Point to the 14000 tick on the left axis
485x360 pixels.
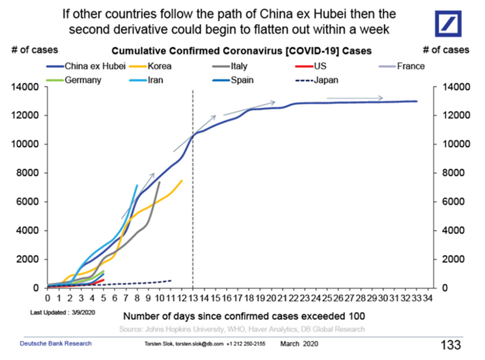click(x=26, y=87)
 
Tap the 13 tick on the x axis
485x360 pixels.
click(x=193, y=297)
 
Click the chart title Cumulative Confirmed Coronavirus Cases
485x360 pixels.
click(x=242, y=51)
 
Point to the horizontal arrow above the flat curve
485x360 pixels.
click(x=355, y=98)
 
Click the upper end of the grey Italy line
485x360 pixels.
click(x=159, y=182)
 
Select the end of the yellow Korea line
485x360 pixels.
click(x=182, y=180)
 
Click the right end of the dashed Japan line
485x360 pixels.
click(x=171, y=280)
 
